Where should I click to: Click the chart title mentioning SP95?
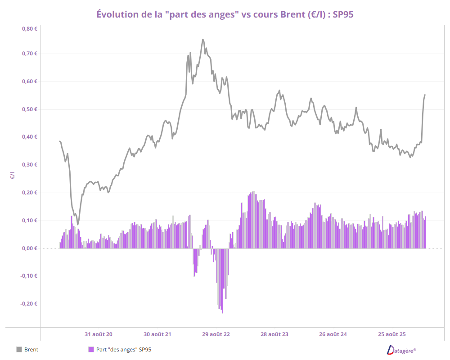tap(225, 14)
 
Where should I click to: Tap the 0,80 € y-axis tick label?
tap(29, 28)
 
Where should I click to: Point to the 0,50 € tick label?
tap(29, 109)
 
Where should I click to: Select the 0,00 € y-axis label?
tap(29, 248)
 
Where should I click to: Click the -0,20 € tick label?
tap(28, 304)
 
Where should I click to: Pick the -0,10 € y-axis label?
tap(28, 276)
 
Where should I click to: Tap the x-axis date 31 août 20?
tap(99, 334)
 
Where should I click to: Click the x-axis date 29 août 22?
tap(216, 334)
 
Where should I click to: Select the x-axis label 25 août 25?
tap(392, 334)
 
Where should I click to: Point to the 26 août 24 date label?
tap(333, 334)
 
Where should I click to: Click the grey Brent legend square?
tap(19, 349)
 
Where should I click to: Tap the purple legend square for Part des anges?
tap(91, 349)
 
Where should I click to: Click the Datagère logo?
tap(401, 350)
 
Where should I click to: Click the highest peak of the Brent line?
tap(203, 40)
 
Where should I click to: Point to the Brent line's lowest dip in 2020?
tap(77, 224)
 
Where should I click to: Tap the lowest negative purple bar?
tap(222, 312)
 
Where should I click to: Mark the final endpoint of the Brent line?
tap(425, 95)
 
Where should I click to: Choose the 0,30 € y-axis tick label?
tap(29, 165)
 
